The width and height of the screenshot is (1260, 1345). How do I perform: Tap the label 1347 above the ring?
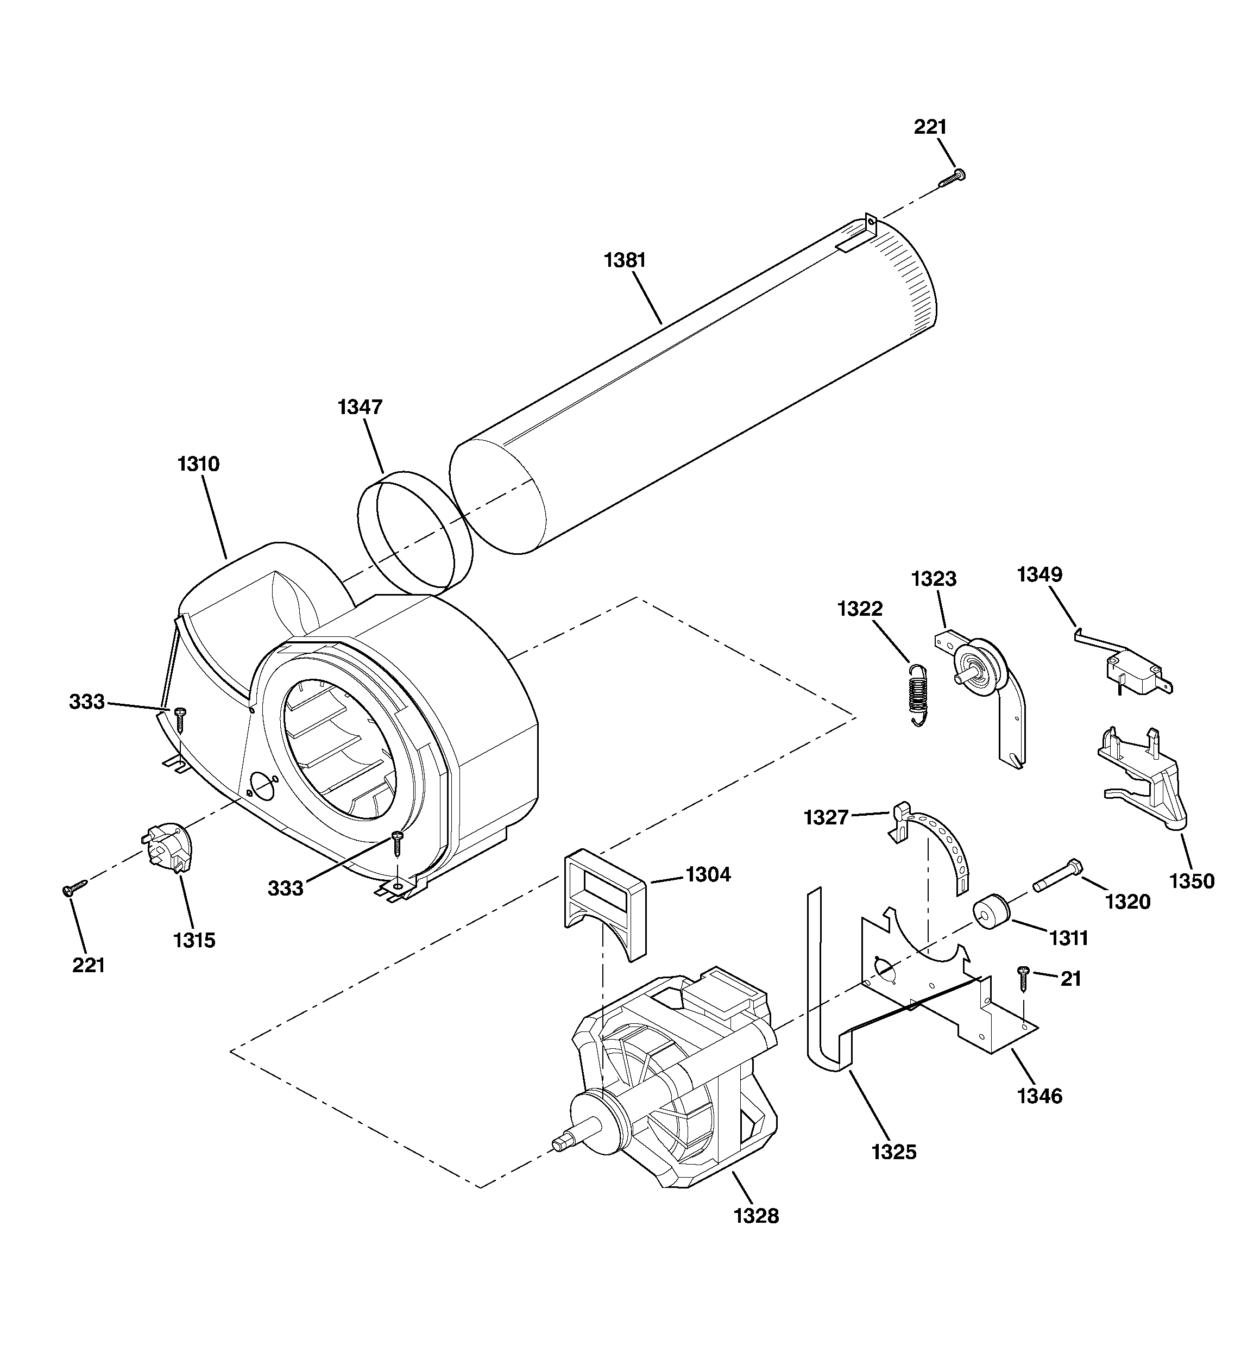click(360, 406)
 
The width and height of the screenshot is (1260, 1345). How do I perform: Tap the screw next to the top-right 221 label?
click(952, 178)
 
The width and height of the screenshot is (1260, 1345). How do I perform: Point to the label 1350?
click(1192, 881)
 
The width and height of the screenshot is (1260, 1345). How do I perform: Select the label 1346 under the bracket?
click(1039, 1096)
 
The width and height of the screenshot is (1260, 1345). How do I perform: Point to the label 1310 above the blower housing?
click(198, 464)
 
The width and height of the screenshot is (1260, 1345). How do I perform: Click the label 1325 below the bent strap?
click(893, 1152)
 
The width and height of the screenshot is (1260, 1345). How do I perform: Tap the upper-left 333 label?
click(87, 702)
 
